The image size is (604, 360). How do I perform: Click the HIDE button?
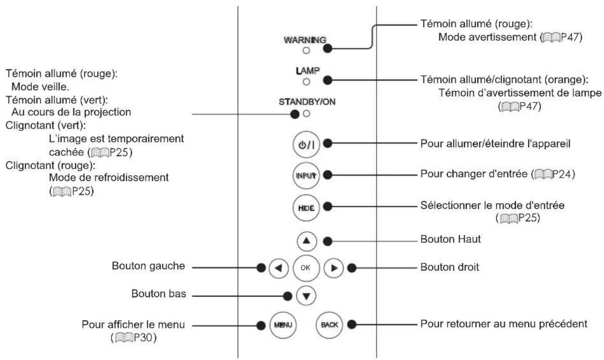click(x=306, y=208)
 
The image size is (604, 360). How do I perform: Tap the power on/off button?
click(x=306, y=144)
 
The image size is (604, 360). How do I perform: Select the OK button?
click(x=306, y=268)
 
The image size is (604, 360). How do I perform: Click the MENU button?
click(x=283, y=325)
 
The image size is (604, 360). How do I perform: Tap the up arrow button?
click(x=307, y=241)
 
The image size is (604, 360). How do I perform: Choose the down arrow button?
click(x=306, y=296)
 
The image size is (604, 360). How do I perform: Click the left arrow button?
click(x=279, y=268)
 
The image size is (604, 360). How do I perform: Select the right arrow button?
click(x=333, y=268)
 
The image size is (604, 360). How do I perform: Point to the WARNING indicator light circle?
click(x=306, y=50)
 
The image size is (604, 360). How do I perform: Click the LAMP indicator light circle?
click(x=306, y=81)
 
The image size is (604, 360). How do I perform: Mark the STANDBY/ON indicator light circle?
click(x=306, y=114)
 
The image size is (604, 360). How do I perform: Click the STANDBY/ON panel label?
click(x=307, y=102)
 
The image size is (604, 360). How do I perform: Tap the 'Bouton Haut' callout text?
click(x=450, y=239)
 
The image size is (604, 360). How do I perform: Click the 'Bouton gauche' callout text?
click(x=148, y=266)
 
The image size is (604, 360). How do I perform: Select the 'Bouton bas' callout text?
click(x=159, y=293)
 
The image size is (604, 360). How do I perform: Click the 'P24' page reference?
click(x=562, y=174)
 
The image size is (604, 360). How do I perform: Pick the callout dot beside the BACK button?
click(x=352, y=324)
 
